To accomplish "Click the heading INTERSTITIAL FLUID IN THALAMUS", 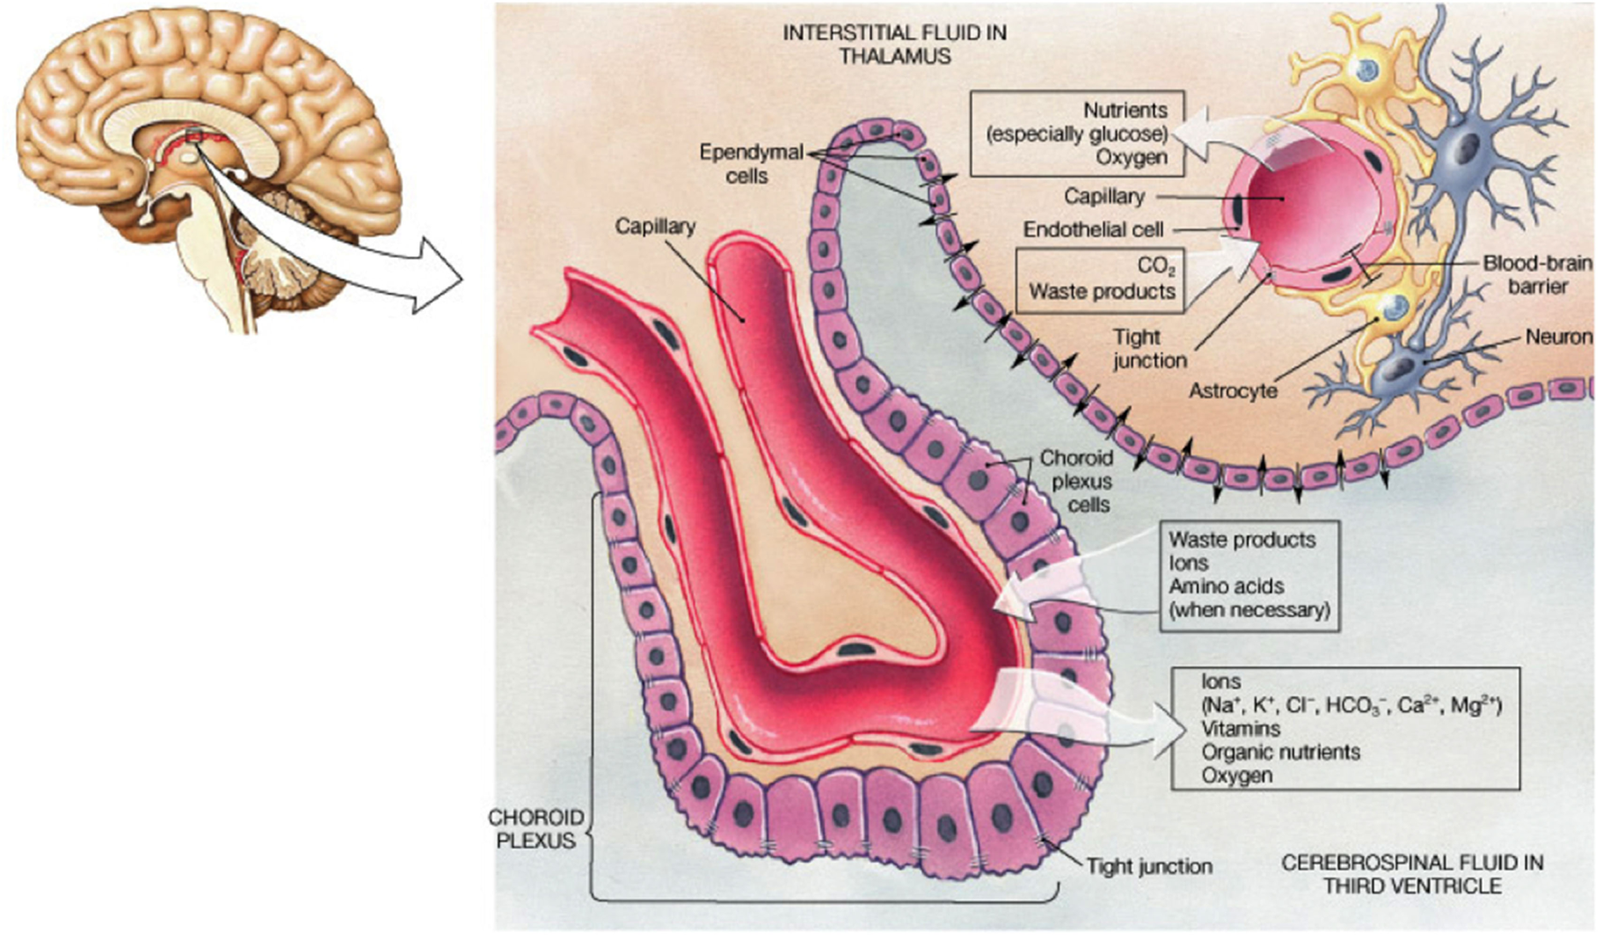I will [894, 44].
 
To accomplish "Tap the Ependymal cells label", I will [750, 164].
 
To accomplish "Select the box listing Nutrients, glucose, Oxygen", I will [1078, 133].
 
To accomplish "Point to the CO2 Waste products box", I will [1101, 280].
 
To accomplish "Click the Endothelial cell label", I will [1093, 230].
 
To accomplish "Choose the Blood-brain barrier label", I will [1537, 274].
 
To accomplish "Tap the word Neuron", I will [1557, 337].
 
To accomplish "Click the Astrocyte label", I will [1233, 391].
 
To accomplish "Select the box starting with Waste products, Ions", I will [1248, 575].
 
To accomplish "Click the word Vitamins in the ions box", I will [1240, 729].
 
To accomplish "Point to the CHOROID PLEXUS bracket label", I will [536, 829].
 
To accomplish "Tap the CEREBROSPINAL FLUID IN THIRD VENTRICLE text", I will [1412, 874].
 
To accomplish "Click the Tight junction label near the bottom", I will [1149, 867].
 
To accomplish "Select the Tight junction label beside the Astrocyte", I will [1148, 348].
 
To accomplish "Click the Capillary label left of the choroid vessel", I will [655, 226].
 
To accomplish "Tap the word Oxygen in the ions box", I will [1236, 776].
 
